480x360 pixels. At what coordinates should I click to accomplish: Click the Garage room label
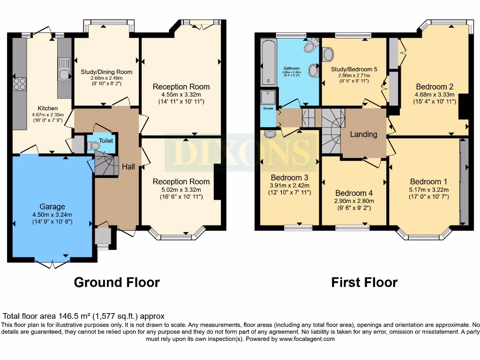(52, 207)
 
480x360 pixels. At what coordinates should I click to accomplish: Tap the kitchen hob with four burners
(20, 84)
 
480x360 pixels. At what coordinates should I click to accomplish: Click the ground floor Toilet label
(105, 140)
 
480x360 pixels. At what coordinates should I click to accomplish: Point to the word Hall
(128, 166)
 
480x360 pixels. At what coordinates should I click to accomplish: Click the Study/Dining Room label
(106, 72)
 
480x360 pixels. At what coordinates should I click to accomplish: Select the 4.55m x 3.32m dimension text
(181, 95)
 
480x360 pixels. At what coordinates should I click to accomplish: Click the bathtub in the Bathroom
(268, 62)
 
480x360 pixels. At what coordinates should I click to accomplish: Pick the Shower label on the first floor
(268, 108)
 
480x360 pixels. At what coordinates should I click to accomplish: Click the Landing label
(364, 134)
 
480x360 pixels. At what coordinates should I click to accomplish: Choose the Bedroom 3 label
(289, 178)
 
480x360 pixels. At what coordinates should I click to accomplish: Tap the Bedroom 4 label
(354, 193)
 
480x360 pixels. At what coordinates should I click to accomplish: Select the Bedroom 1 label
(425, 181)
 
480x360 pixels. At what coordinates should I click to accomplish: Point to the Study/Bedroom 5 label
(354, 69)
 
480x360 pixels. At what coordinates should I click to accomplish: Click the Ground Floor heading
(117, 282)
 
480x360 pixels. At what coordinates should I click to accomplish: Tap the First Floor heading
(364, 282)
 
